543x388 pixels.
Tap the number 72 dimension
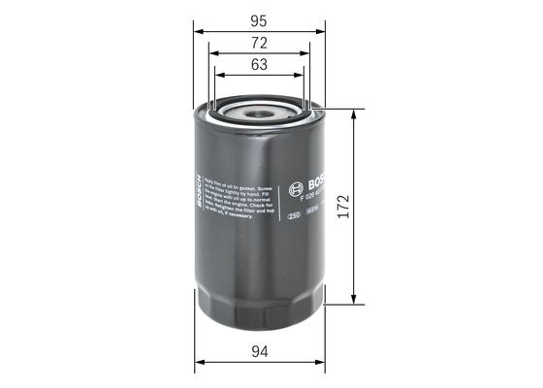[x=258, y=44]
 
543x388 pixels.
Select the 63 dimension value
[x=258, y=66]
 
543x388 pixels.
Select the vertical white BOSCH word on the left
[x=198, y=195]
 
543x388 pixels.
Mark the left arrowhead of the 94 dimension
[x=200, y=364]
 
